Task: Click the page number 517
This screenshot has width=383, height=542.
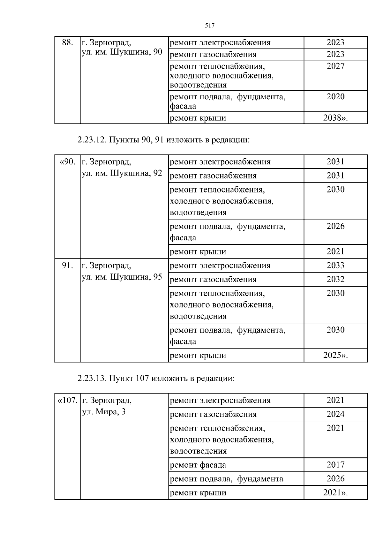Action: tap(209, 26)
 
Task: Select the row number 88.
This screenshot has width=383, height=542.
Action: tap(67, 42)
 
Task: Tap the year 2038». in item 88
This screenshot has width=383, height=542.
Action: tap(335, 118)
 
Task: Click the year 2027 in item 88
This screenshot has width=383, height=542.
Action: tap(335, 66)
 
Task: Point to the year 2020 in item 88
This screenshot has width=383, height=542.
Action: tap(335, 96)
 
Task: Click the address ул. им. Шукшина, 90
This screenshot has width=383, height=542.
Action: tap(122, 52)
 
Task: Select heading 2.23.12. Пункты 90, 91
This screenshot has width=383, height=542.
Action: tap(163, 140)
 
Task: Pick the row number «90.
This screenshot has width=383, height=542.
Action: tap(68, 162)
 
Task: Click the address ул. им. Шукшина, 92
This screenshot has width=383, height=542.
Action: tap(122, 173)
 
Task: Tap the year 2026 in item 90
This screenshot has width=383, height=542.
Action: tap(335, 226)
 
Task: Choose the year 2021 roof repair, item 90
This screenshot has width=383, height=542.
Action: tap(335, 252)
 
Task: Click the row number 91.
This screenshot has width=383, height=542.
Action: tap(67, 266)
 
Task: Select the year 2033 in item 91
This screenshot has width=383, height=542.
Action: tap(335, 265)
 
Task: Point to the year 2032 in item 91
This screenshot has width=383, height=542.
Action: tap(335, 279)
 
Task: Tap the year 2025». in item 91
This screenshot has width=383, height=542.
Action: tap(335, 355)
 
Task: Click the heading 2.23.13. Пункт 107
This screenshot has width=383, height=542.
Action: tap(156, 378)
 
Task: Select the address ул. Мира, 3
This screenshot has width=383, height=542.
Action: tap(104, 412)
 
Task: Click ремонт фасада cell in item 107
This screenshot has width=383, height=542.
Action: tap(198, 465)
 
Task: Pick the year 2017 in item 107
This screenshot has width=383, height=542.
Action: tap(335, 465)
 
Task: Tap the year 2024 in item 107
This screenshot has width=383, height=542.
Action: tap(335, 414)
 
